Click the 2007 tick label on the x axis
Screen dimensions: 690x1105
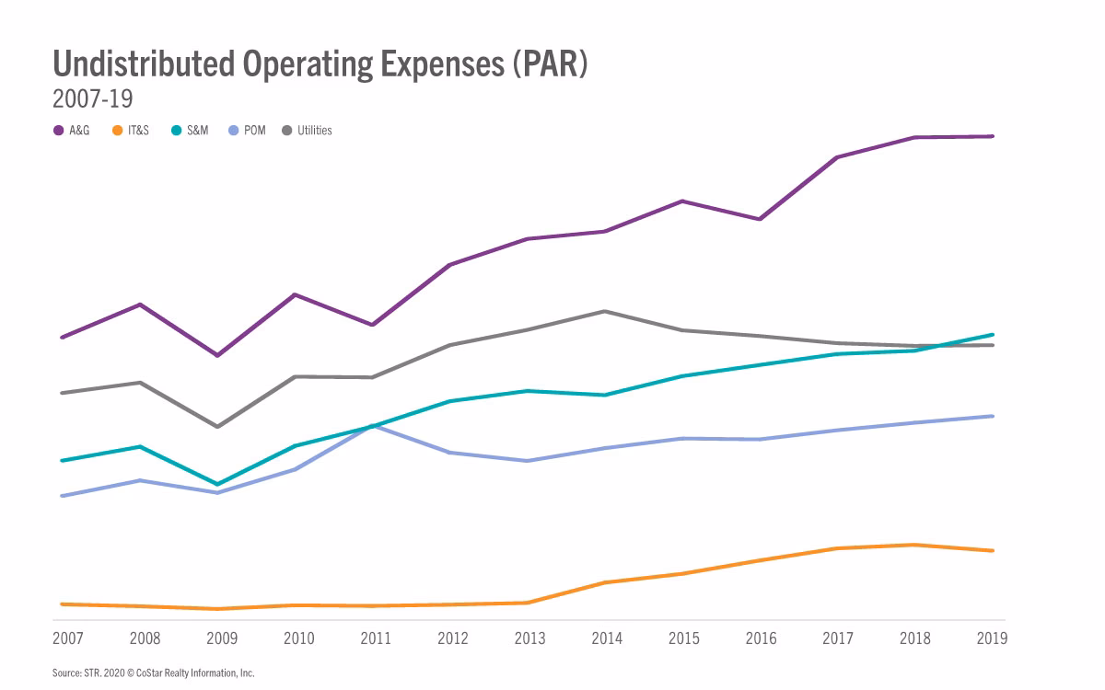[x=67, y=638]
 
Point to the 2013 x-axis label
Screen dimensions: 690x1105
[x=530, y=638]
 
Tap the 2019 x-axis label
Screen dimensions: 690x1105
[x=992, y=638]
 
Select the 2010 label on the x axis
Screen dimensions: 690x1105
[x=298, y=638]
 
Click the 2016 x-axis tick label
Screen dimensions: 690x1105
[x=762, y=638]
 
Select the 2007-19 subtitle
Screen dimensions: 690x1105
[x=94, y=98]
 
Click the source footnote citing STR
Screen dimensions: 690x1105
[x=153, y=673]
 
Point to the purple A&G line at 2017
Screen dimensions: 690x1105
[x=837, y=157]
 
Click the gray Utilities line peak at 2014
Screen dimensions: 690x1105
[x=605, y=311]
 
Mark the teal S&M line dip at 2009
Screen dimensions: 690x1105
[x=216, y=484]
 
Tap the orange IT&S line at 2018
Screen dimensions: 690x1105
[x=914, y=545]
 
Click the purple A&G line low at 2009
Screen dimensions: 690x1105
[x=216, y=355]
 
